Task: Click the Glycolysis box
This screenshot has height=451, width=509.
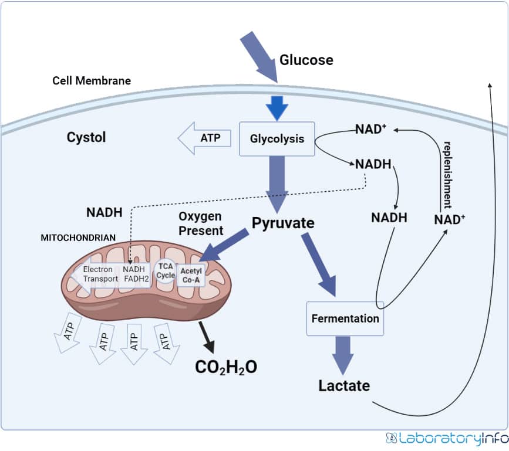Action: pos(277,139)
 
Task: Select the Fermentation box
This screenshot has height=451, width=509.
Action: pos(345,318)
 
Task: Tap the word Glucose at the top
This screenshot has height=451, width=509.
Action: pos(306,60)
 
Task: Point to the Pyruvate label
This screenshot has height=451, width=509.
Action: pos(283,223)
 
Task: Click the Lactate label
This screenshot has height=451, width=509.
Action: pos(344,385)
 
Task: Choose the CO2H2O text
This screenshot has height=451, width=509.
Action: pos(226,367)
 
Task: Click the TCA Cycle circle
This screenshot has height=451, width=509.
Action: pos(166,270)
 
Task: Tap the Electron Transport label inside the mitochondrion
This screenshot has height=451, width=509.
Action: pos(100,274)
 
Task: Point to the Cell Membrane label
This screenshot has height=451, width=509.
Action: pos(92,80)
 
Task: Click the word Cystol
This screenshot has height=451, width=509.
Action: pos(86,137)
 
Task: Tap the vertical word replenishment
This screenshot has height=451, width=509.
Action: pos(447,175)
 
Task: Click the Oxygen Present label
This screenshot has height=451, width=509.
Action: pos(201,223)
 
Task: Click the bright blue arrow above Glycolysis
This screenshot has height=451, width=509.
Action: pos(277,107)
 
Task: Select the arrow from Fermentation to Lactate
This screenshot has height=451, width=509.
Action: pos(343,354)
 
